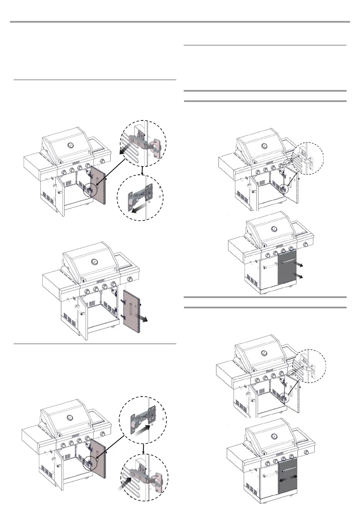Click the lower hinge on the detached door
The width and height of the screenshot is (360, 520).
121,315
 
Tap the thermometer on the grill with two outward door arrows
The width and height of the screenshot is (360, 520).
274,230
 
